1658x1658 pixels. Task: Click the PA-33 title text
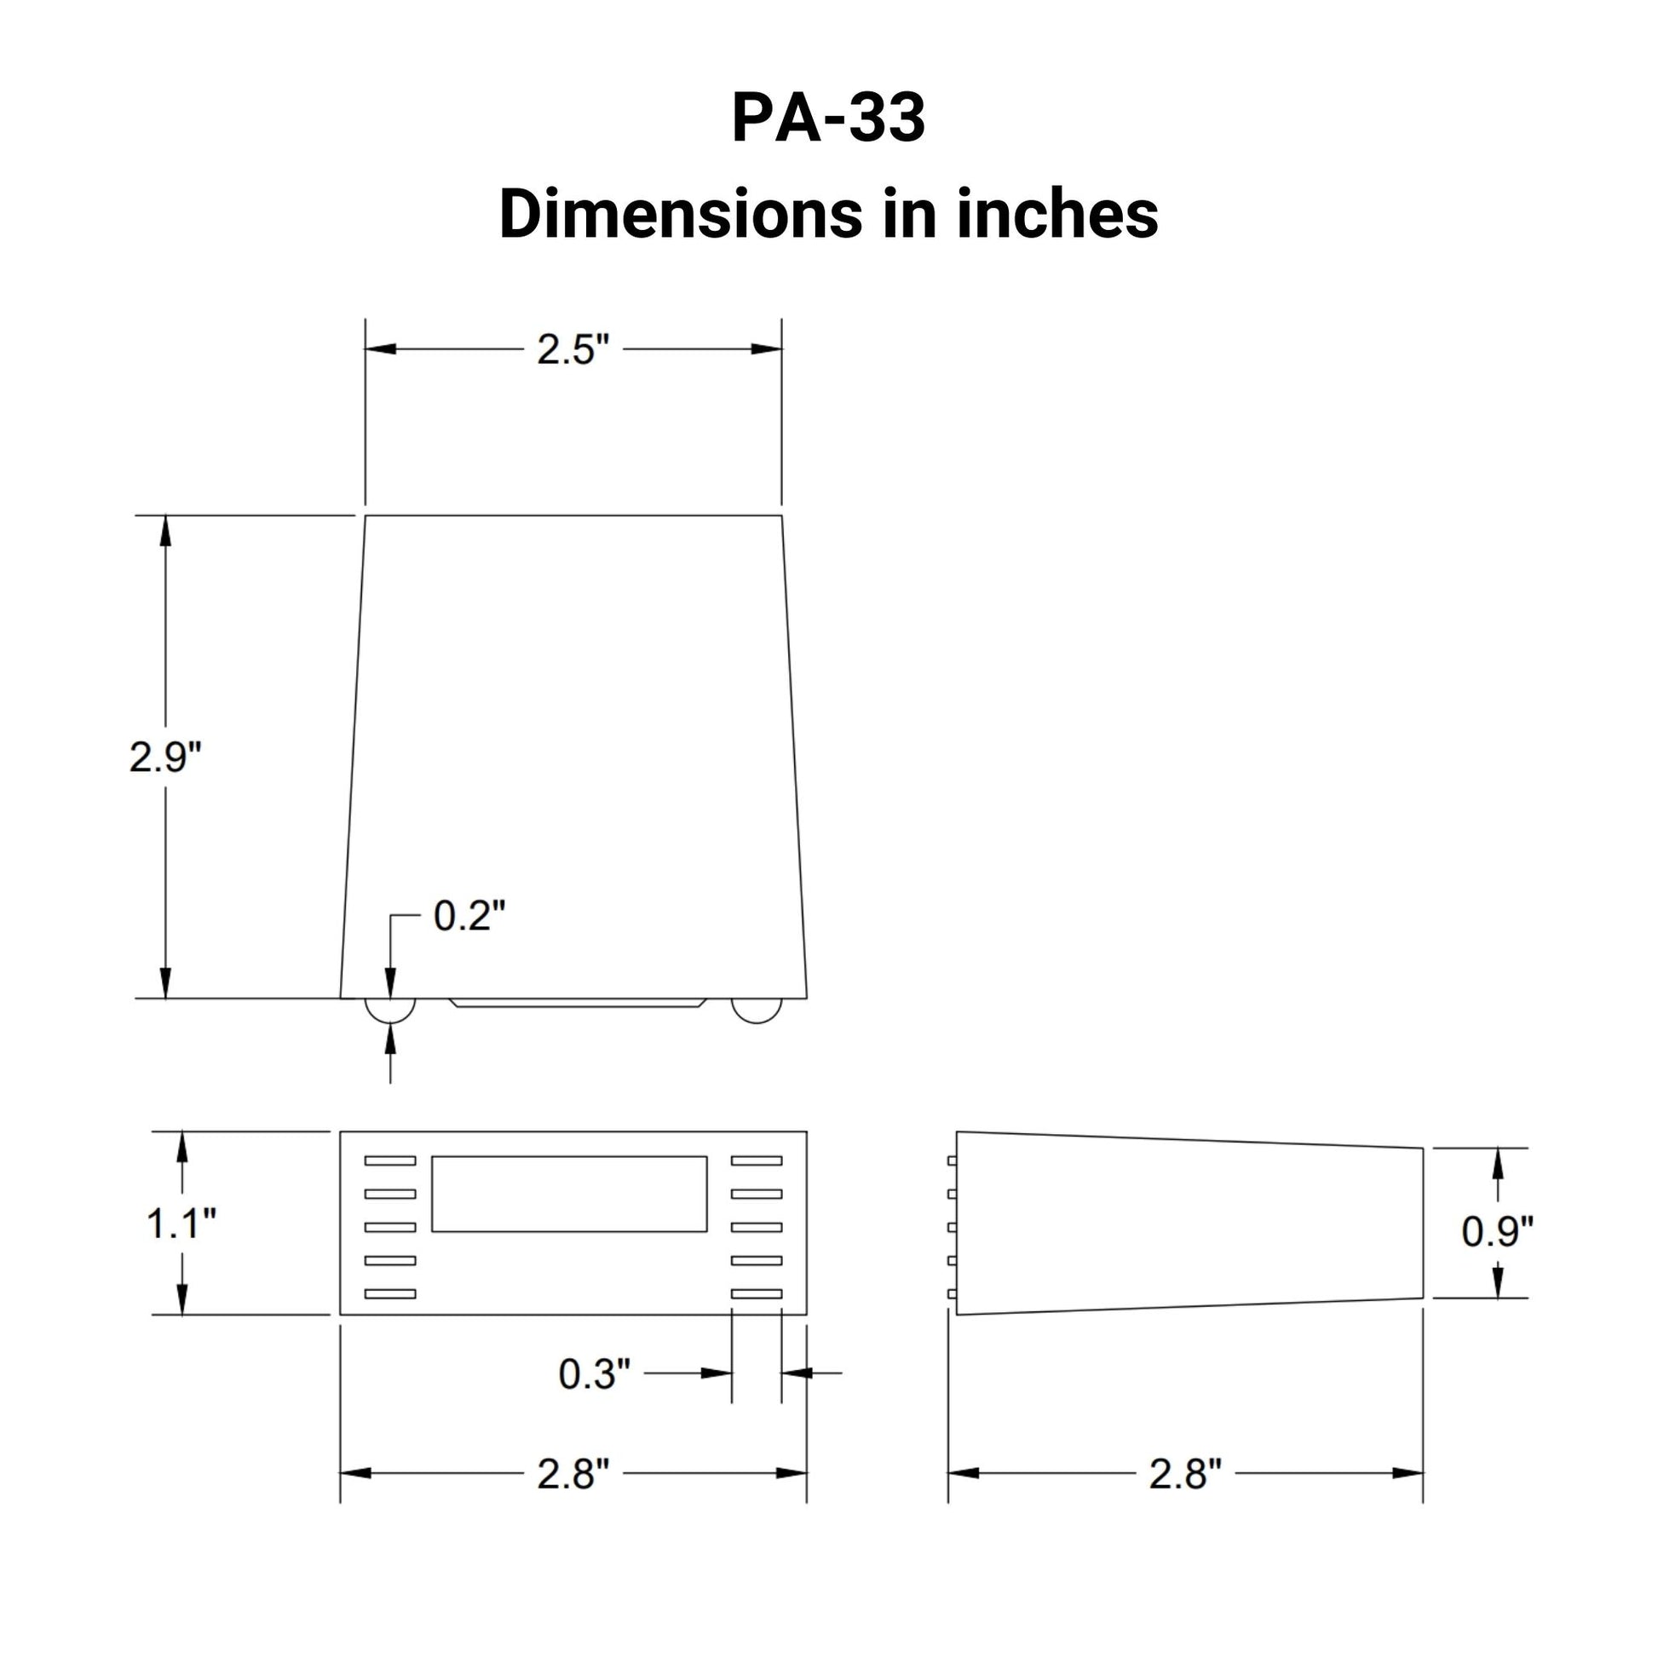tap(828, 118)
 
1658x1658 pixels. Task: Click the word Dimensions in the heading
tap(681, 215)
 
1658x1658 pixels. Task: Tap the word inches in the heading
tap(1057, 215)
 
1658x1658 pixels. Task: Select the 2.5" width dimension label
tap(573, 349)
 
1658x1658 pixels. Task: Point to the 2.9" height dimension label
tap(164, 757)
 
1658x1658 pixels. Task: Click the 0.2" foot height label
tap(469, 916)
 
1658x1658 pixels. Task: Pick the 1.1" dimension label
tap(181, 1223)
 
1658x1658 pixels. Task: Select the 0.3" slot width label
tap(594, 1374)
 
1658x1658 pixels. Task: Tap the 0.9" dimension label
tap(1497, 1231)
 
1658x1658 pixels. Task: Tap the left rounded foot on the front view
tap(390, 1010)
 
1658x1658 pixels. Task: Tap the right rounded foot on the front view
tap(757, 1010)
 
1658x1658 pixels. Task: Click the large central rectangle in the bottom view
tap(569, 1194)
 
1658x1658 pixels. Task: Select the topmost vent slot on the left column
tap(390, 1160)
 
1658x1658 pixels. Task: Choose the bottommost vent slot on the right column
tap(757, 1293)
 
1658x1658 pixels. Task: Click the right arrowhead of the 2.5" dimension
tap(766, 349)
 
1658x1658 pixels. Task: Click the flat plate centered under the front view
tap(578, 1002)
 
